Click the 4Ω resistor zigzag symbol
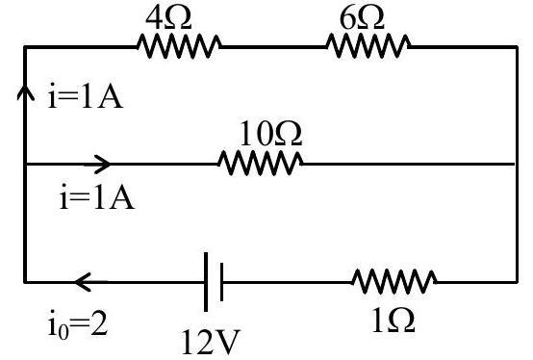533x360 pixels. [179, 46]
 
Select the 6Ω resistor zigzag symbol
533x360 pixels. [368, 46]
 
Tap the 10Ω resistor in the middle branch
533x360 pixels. [261, 164]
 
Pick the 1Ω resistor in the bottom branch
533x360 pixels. [394, 281]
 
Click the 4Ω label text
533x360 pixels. [168, 18]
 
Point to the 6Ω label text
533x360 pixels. [362, 18]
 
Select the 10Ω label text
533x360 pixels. [271, 134]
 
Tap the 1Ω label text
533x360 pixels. [393, 321]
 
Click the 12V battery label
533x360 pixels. [211, 342]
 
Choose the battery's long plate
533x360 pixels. [206, 282]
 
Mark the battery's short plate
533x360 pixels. [221, 282]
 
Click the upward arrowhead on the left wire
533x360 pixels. [25, 91]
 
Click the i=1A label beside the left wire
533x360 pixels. [85, 96]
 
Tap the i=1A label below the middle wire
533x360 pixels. [97, 196]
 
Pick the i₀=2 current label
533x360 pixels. [78, 324]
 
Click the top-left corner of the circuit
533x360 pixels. [25, 46]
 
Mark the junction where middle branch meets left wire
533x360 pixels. [25, 164]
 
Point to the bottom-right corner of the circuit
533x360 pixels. [517, 282]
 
